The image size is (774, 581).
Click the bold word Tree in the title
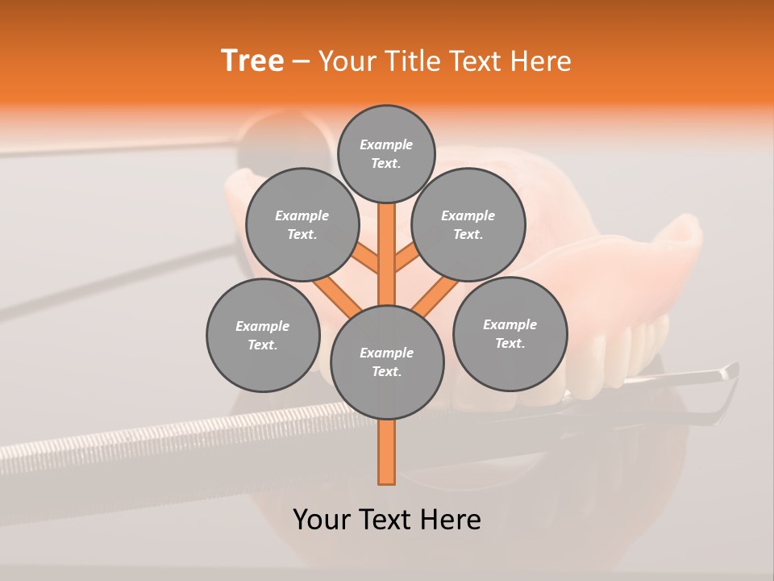252,61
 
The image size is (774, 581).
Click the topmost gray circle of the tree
386,153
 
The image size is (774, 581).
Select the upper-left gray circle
302,224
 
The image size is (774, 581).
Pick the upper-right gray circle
468,224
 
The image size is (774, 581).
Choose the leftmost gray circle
263,335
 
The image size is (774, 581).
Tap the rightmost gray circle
510,333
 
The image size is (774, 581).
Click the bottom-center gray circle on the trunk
387,362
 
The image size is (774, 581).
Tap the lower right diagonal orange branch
436,296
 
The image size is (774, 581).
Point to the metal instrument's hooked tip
730,371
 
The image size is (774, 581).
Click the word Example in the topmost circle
386,144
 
